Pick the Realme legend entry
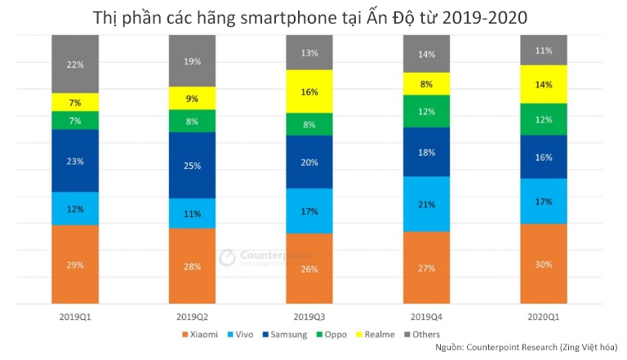click(x=378, y=334)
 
